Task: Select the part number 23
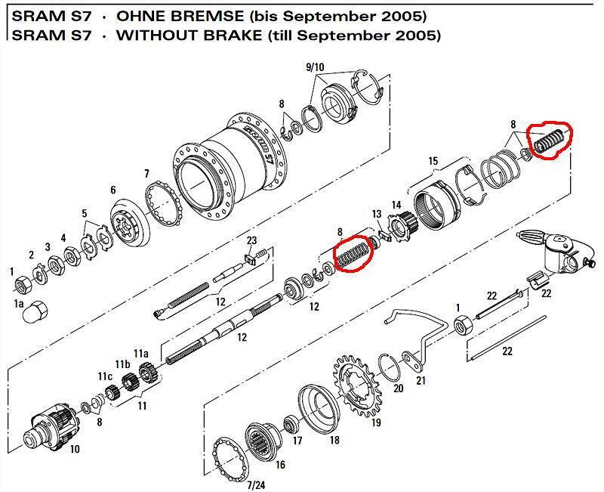[251, 240]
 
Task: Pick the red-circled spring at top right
[550, 141]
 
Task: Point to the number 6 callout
[112, 190]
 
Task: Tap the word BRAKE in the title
[233, 35]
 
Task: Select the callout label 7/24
[256, 484]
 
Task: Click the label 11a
[141, 353]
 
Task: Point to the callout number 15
[433, 161]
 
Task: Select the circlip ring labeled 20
[391, 367]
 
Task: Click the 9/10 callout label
[315, 67]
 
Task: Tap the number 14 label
[396, 205]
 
